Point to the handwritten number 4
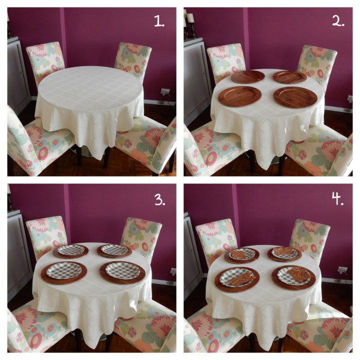coord(338,200)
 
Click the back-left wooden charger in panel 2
coord(248,77)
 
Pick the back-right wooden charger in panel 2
coord(290,77)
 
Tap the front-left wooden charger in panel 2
coord(239,97)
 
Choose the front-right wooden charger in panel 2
coord(295,97)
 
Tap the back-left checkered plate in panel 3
coord(71,250)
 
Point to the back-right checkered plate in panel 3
coord(114,250)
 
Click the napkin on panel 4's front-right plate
coord(297,274)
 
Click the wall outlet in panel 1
coord(163,92)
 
